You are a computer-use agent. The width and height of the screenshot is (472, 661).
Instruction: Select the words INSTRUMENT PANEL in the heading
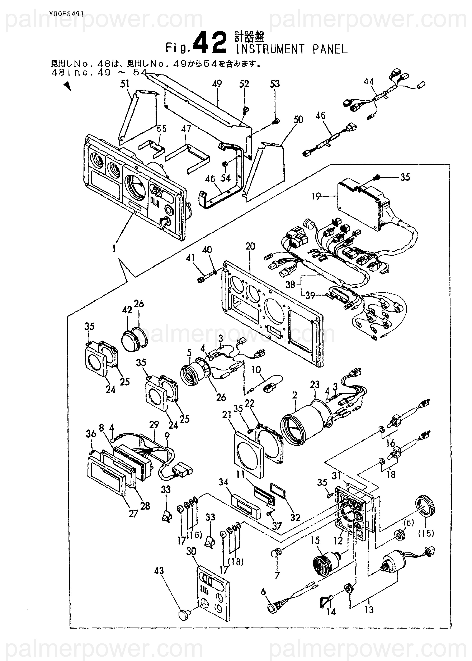292,50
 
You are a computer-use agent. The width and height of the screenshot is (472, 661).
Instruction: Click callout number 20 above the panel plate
250,247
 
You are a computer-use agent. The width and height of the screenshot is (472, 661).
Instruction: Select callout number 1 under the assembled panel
114,248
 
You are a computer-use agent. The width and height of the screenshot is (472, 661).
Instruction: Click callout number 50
298,120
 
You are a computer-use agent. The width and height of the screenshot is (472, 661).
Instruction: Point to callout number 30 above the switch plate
191,551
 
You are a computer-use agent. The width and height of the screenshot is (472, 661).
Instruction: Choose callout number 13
369,610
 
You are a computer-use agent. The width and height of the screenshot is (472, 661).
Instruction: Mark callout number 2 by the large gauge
294,395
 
